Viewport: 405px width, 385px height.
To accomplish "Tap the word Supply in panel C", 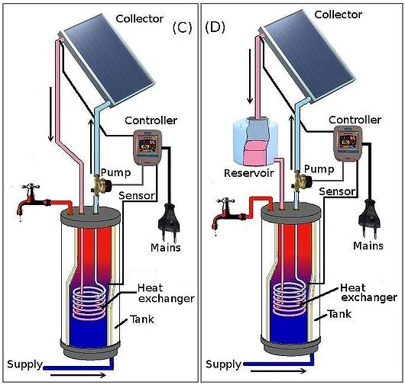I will (x=24, y=363).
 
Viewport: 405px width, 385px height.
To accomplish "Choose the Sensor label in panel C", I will (x=138, y=195).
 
